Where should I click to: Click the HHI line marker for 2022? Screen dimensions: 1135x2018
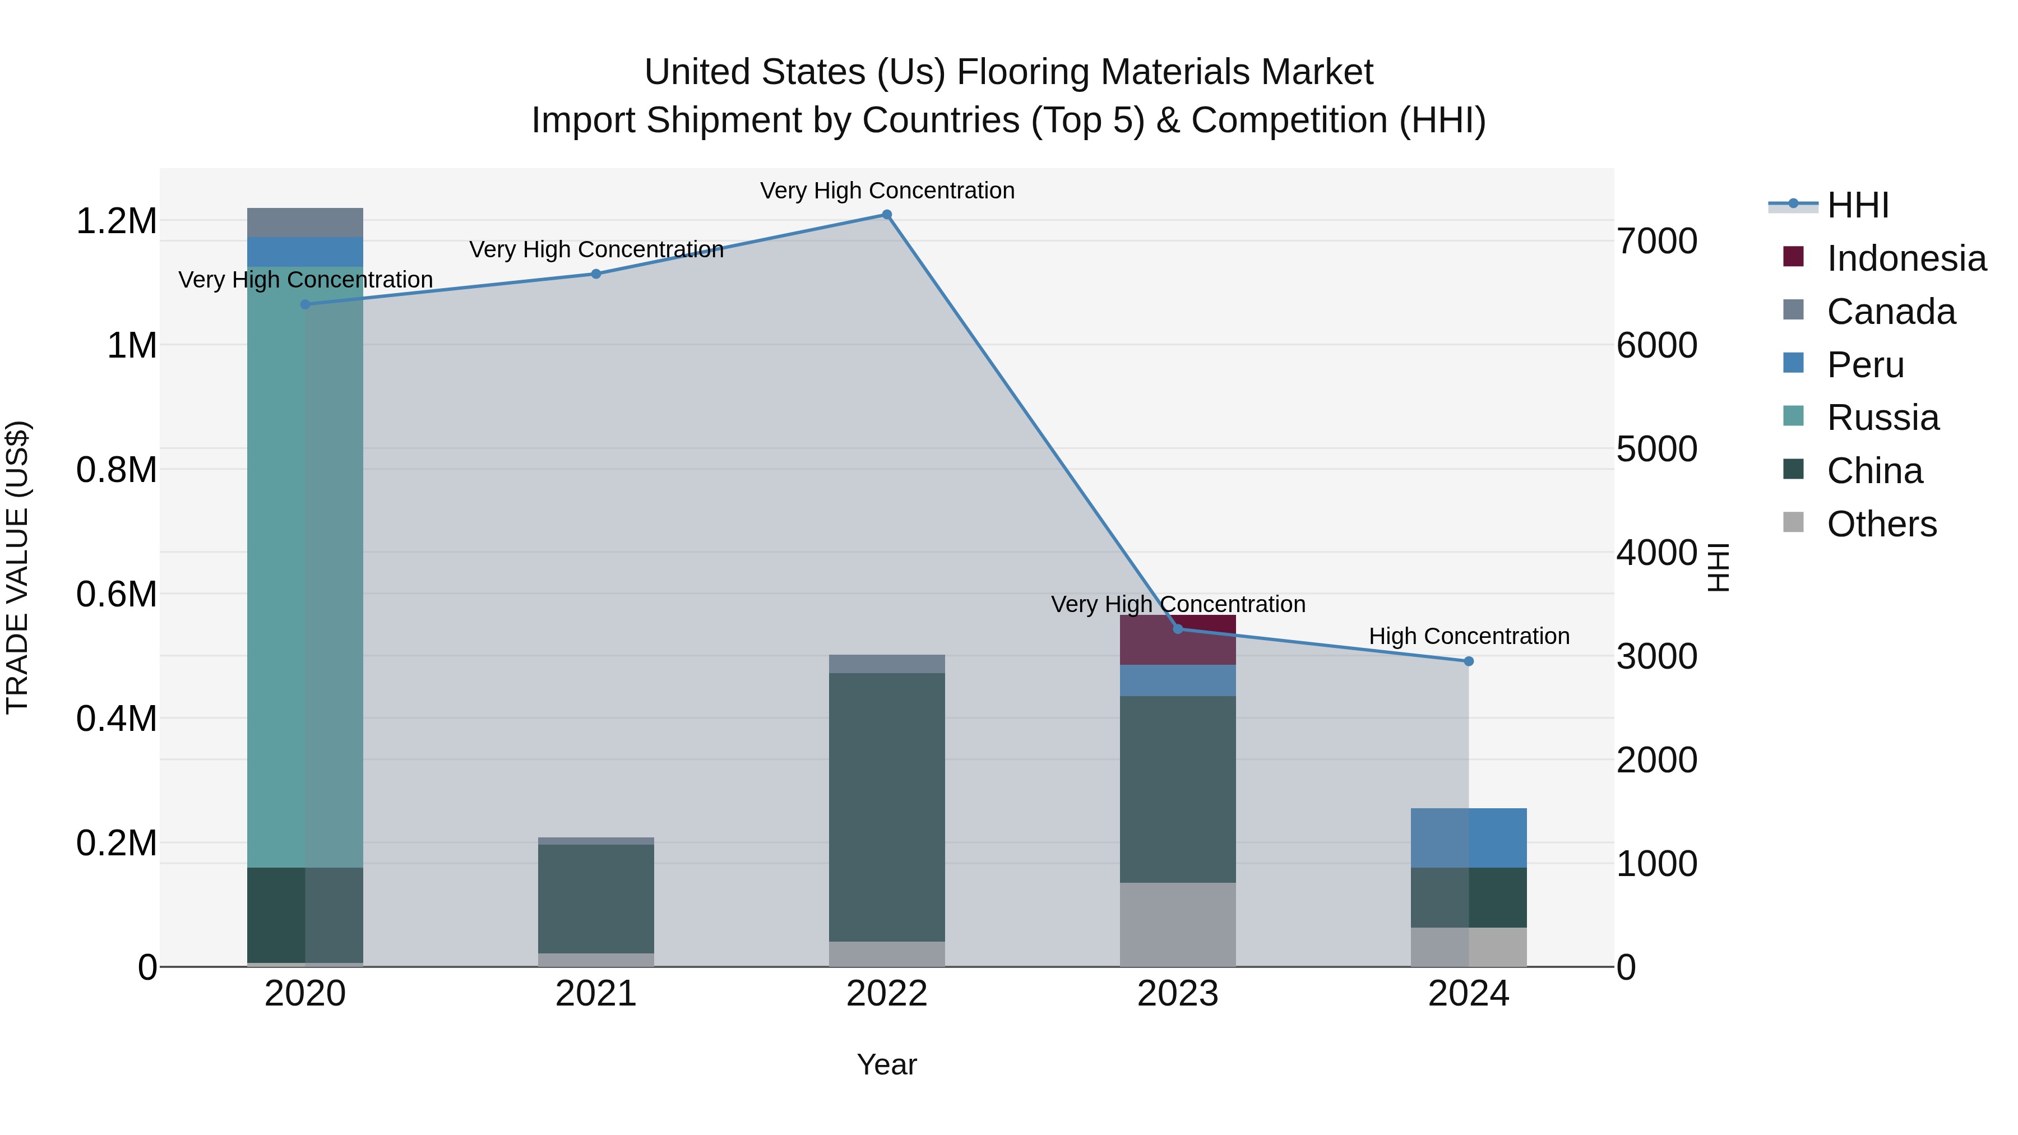887,215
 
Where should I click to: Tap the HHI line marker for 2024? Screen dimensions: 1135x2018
1469,661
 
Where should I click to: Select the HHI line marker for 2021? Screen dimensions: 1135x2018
596,274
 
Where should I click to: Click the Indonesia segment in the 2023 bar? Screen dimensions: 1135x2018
1177,640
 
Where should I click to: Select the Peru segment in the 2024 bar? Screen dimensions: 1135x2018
1469,838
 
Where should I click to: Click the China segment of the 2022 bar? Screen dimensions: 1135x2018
887,807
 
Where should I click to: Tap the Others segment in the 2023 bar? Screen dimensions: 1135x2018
1177,924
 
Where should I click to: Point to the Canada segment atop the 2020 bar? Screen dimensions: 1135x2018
305,223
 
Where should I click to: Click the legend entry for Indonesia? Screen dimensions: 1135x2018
1906,258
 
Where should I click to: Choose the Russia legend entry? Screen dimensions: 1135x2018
1882,418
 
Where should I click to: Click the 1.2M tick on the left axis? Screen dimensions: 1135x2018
116,221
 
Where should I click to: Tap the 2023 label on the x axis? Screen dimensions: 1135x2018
1177,994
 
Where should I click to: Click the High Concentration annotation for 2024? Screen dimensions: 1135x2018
1469,636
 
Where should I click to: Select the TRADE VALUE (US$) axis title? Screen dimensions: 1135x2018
17,567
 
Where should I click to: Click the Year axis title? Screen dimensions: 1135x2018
887,1064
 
